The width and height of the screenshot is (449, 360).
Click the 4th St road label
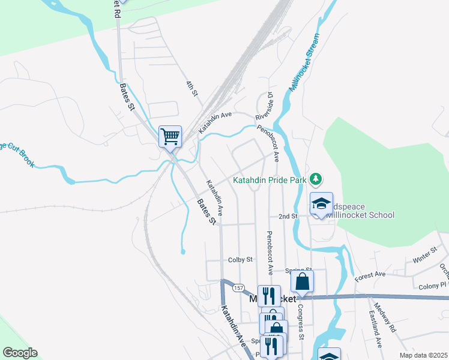(191, 88)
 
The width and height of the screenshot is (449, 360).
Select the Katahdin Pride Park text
(270, 179)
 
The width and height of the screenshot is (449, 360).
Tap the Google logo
(19, 353)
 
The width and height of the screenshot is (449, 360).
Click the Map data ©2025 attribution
(424, 355)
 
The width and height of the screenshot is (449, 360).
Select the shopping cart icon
(170, 136)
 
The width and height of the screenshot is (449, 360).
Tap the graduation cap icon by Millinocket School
(321, 204)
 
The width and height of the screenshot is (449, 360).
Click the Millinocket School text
(360, 215)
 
